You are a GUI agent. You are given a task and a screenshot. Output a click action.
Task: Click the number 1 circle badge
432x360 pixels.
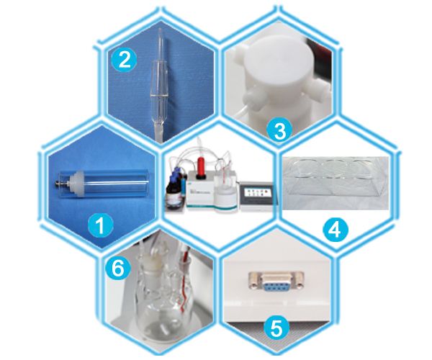101,225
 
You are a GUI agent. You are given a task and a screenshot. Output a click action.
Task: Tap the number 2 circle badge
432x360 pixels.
124,60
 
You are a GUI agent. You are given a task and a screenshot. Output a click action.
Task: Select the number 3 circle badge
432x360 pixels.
279,131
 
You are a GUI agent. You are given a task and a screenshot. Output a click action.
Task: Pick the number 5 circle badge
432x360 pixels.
276,328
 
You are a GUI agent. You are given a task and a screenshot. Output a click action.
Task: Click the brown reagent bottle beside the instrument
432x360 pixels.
174,197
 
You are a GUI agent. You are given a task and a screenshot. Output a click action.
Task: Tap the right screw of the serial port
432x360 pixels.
300,282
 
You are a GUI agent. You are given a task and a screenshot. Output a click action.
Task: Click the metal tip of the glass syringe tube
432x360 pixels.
59,184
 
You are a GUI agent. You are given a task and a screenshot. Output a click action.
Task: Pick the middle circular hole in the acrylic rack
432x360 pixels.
334,168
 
